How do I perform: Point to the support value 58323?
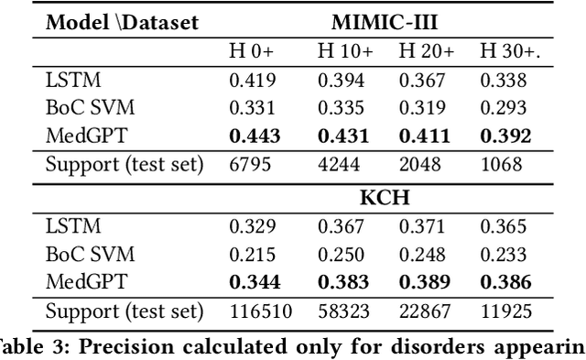pos(342,311)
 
